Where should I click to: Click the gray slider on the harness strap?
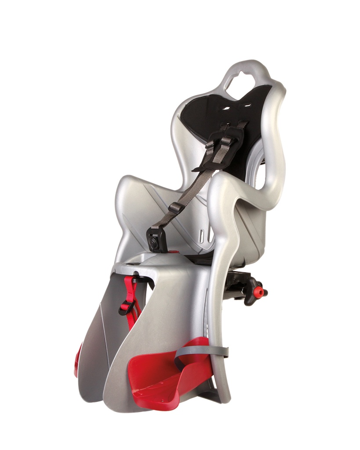point(175,207)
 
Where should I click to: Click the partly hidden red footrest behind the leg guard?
point(78,360)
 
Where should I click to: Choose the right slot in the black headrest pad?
point(247,105)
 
